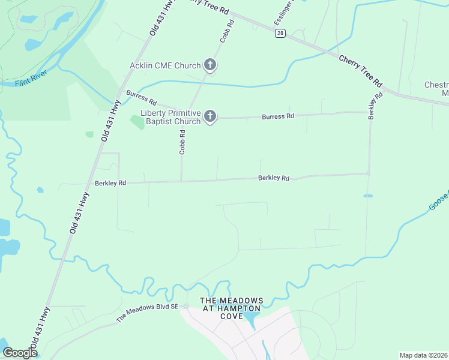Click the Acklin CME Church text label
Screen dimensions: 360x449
[165, 65]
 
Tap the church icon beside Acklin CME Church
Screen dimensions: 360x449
[209, 65]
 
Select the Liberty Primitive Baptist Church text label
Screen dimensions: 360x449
[170, 117]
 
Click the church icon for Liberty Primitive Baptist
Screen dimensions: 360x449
[209, 116]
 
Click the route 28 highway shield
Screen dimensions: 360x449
[280, 34]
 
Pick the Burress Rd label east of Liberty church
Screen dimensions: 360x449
[278, 116]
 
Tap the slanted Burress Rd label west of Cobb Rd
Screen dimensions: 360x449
[141, 98]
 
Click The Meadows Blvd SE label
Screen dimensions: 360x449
[147, 313]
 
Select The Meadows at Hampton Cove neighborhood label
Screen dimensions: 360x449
[231, 308]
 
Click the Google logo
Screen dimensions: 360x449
[19, 353]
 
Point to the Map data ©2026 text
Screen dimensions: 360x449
[424, 355]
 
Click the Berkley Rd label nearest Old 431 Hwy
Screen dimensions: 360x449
[110, 182]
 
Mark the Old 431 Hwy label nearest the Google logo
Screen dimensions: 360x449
[40, 329]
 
